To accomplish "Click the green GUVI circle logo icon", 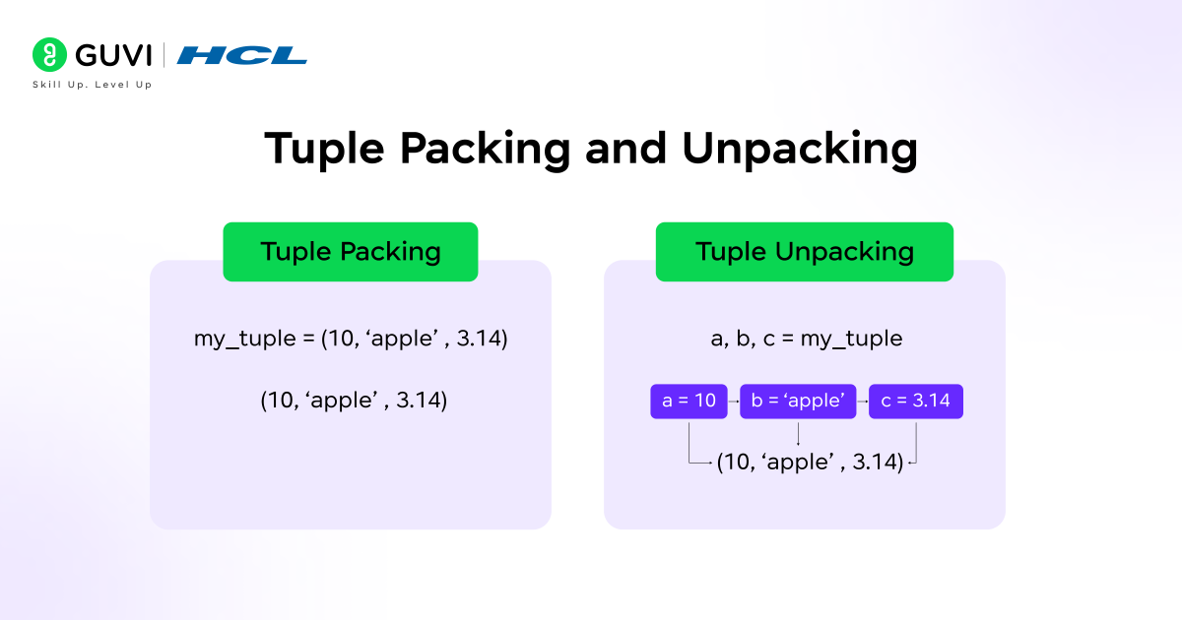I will [x=48, y=54].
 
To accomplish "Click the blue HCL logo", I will [x=242, y=55].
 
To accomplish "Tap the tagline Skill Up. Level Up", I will [x=93, y=85].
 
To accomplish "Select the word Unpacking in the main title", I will [x=799, y=149].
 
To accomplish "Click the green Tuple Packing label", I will [x=350, y=252].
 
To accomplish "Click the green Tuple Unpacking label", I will [x=804, y=252].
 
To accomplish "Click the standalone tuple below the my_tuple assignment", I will [x=354, y=401].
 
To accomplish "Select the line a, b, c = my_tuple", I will [x=806, y=340].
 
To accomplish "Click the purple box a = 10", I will [x=689, y=402].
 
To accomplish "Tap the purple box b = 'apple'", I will [x=798, y=402].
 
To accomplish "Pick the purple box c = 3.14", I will [x=916, y=402].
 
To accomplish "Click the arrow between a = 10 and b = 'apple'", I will [x=734, y=402].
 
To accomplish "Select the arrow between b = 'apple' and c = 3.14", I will [x=863, y=402].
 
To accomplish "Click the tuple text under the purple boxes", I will [x=810, y=462].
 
